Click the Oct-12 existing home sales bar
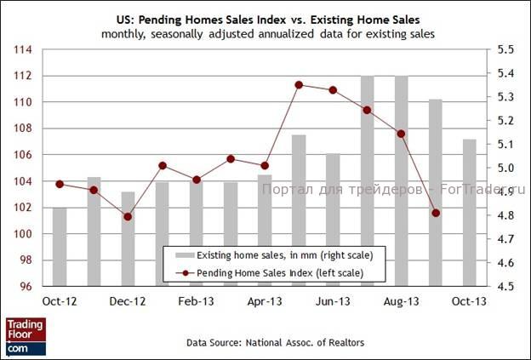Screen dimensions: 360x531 tap(60, 246)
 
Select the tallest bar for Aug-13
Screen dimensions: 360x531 tap(401, 180)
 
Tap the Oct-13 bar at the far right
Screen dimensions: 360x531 tap(469, 212)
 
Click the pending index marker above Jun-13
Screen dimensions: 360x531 tap(333, 90)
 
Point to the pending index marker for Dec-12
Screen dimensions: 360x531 tap(128, 217)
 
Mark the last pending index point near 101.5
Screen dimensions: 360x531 tap(436, 213)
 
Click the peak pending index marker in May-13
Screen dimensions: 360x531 tap(299, 84)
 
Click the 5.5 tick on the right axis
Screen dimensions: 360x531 tap(505, 49)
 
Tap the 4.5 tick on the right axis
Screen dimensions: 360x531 tap(505, 286)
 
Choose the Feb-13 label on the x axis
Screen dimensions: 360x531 tap(196, 301)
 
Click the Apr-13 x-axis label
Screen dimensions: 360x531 tap(265, 301)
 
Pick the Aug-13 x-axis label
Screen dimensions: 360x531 tap(401, 301)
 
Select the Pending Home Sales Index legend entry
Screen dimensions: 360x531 tap(281, 272)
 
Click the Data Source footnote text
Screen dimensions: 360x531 tap(265, 341)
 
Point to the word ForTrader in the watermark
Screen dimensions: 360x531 tap(480, 191)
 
